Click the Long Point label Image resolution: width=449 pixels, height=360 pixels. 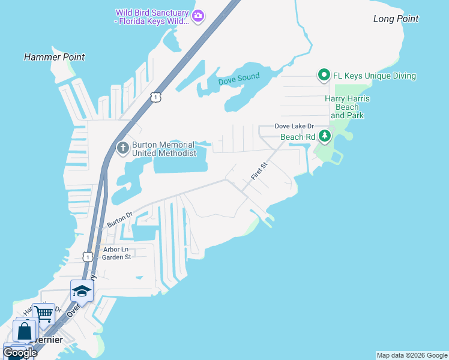tap(396, 19)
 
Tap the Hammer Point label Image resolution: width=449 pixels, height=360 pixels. tap(54, 57)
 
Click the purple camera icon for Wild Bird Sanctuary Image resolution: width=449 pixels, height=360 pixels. tap(198, 16)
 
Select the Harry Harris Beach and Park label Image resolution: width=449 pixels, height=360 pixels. tap(347, 106)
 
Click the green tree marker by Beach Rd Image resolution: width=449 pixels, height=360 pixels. tap(325, 136)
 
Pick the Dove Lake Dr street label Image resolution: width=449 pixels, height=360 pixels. tap(294, 126)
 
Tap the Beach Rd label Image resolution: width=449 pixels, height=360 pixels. tap(298, 137)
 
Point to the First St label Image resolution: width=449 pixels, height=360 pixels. tap(258, 174)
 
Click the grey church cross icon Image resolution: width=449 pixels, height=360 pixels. tap(123, 148)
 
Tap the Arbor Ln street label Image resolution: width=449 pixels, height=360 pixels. tap(116, 249)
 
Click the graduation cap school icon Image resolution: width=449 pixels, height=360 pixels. tap(82, 292)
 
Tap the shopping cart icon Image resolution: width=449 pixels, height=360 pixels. tap(43, 314)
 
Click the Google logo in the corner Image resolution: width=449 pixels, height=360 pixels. tap(20, 352)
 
